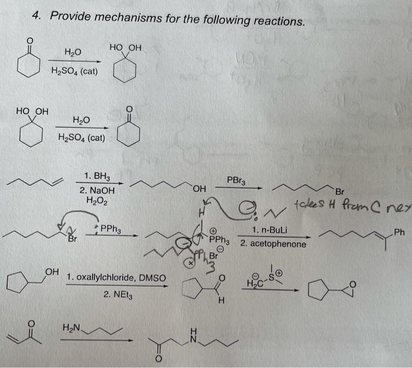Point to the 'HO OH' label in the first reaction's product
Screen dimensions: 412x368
click(125, 47)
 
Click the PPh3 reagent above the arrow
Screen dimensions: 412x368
click(109, 228)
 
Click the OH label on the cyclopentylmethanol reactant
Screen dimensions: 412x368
click(52, 272)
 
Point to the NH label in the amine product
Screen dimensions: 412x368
click(195, 333)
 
